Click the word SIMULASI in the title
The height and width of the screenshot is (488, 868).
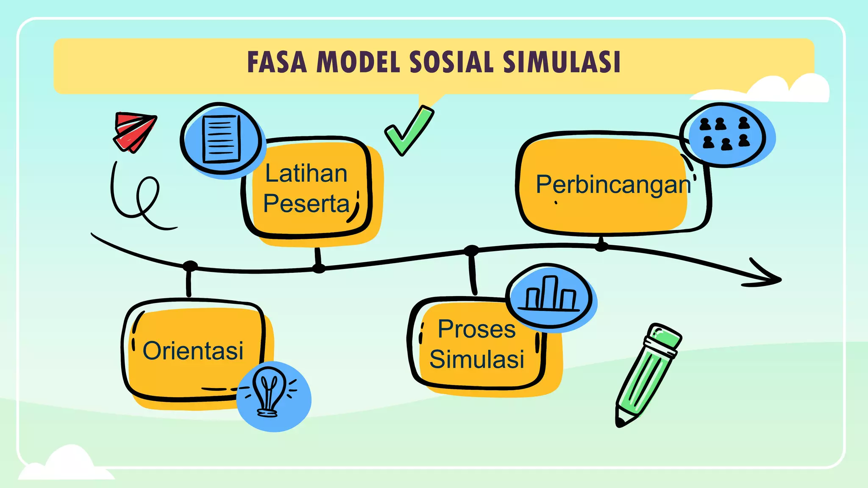click(x=562, y=63)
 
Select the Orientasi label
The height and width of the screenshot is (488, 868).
click(x=193, y=351)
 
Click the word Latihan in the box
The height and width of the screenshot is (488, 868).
click(x=306, y=174)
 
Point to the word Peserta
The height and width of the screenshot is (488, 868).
click(x=306, y=203)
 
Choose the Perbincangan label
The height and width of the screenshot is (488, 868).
click(x=613, y=185)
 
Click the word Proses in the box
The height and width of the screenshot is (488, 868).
click(x=476, y=329)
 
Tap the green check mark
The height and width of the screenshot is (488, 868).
click(x=408, y=131)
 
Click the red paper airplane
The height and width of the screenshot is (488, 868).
click(x=135, y=131)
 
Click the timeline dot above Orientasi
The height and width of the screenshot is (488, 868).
click(x=190, y=266)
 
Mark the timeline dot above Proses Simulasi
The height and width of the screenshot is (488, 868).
click(x=471, y=250)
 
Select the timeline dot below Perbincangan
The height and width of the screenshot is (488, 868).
click(x=601, y=246)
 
